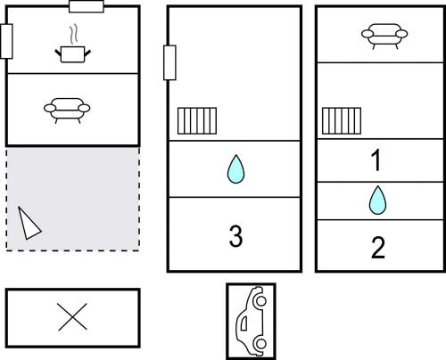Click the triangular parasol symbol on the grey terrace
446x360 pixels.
point(29,223)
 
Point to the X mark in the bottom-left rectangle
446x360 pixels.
point(72,316)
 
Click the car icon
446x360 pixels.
point(252,321)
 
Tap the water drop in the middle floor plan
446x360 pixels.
point(235,168)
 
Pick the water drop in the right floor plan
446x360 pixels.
point(377,200)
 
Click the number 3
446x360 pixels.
point(235,236)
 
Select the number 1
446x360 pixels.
point(376,160)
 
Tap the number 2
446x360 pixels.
point(378,248)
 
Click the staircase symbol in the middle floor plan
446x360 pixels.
point(197,121)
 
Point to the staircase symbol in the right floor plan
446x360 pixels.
point(342,121)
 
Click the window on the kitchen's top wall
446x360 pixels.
point(87,6)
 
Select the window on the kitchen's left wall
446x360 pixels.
point(6,41)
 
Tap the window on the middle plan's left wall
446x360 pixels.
point(169,62)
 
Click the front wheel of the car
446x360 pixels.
point(260,300)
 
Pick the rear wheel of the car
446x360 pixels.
point(261,344)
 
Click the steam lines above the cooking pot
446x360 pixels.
point(73,34)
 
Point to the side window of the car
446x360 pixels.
point(244,323)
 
